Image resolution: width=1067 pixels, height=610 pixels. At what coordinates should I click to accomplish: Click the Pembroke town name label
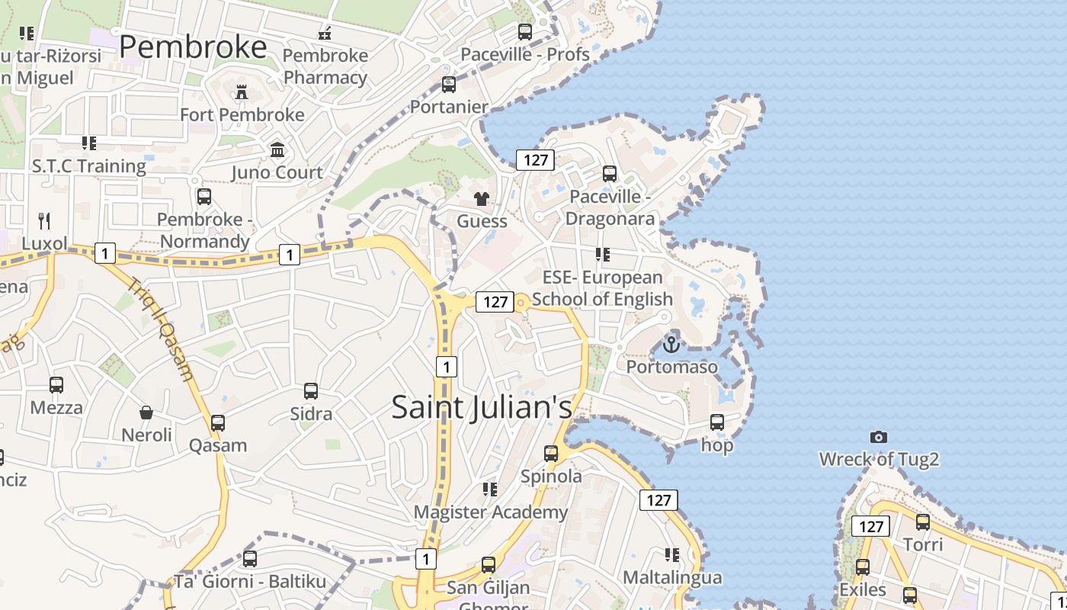pos(193,47)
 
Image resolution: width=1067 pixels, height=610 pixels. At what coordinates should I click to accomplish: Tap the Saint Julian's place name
pos(482,406)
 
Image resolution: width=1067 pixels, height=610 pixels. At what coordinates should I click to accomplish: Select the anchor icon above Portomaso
pos(671,345)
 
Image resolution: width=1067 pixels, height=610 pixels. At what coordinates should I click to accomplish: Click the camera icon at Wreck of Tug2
pos(879,437)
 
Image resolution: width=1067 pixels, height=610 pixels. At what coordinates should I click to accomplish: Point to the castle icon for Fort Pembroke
pos(242,92)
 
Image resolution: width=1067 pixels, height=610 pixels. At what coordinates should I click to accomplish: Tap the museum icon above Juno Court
pos(277,149)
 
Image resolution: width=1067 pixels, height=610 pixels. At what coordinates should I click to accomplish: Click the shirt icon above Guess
pos(482,199)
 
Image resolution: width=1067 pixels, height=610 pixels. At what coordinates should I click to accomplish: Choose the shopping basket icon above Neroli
pos(146,413)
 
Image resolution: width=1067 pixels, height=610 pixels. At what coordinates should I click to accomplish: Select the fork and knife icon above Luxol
pos(44,221)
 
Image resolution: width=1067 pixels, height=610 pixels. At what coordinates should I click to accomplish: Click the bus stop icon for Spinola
pos(551,454)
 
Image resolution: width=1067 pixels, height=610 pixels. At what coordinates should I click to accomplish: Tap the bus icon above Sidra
pos(311,391)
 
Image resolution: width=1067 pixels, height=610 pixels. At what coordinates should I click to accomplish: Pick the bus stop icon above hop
pos(716,422)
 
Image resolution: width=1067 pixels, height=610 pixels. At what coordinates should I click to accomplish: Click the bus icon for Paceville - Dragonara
pos(610,174)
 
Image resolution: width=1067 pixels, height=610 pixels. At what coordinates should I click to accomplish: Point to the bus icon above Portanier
pos(449,85)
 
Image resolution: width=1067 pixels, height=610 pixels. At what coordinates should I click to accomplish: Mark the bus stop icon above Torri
pos(923,522)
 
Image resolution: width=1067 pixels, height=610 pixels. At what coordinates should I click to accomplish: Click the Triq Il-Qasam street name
pos(161,328)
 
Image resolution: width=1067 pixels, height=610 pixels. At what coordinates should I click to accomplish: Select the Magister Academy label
pos(491,512)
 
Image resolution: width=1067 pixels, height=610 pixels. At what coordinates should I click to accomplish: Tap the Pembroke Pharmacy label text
pos(325,66)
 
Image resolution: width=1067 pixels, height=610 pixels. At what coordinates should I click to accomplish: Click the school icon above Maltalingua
pos(671,554)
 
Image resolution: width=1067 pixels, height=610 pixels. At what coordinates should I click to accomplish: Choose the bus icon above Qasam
pos(218,423)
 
